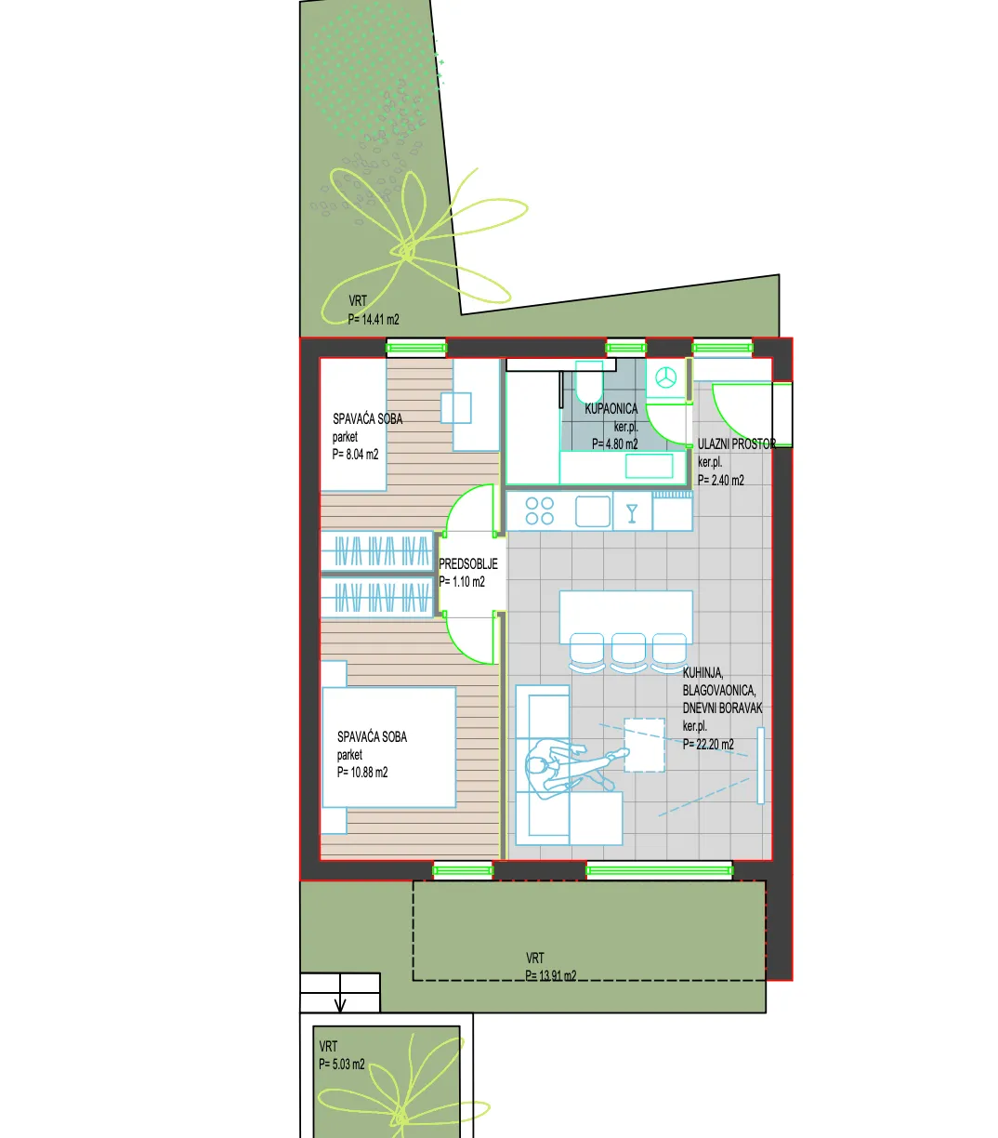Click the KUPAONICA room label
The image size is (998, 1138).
click(x=611, y=409)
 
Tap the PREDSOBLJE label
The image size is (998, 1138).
click(x=467, y=564)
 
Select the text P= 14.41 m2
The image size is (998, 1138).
click(x=374, y=320)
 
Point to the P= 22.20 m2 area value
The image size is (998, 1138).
click(x=708, y=744)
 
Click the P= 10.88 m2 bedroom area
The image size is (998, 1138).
click(x=362, y=773)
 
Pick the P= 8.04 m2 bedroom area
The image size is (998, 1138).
click(x=355, y=455)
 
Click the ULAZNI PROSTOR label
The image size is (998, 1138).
click(x=737, y=443)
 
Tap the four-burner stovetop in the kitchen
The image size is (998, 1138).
click(x=539, y=511)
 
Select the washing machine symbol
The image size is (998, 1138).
click(x=666, y=377)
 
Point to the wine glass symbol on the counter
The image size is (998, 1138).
click(x=632, y=513)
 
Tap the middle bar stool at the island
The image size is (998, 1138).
click(x=628, y=652)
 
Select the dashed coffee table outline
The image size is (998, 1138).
click(x=644, y=745)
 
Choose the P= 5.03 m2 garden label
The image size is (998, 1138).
click(x=342, y=1065)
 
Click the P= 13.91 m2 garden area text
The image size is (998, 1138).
click(x=551, y=975)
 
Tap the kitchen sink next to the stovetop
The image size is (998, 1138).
click(x=593, y=511)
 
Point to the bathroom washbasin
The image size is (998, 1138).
click(x=650, y=466)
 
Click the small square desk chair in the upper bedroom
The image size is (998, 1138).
click(x=455, y=408)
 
